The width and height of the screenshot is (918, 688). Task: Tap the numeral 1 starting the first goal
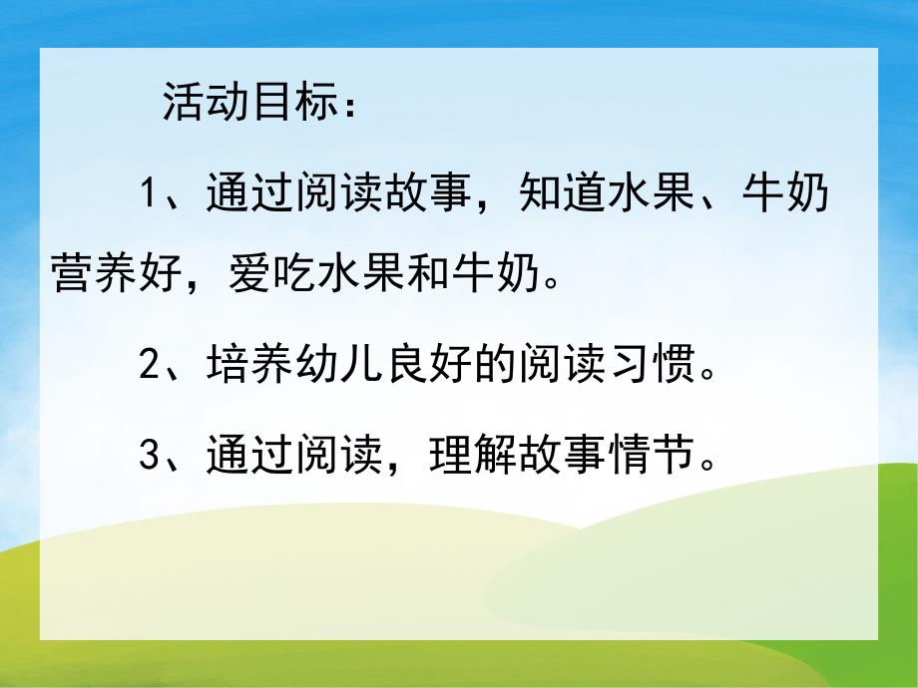pos(150,193)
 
